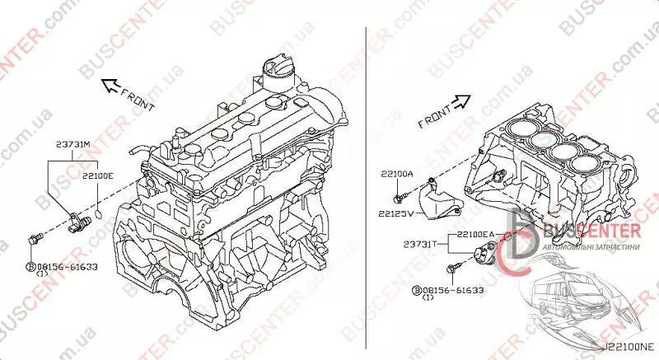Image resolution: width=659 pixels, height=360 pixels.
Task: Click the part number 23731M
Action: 73,144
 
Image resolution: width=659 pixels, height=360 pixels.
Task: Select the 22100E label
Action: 97,176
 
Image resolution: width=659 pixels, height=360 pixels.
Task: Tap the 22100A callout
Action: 397,174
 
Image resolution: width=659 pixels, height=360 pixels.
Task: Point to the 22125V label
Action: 396,213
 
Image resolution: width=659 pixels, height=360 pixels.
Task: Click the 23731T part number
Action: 420,244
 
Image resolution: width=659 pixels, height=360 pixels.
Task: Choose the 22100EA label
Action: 475,235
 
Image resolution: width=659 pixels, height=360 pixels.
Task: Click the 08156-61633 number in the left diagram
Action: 68,267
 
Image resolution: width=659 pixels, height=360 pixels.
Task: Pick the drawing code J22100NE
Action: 629,347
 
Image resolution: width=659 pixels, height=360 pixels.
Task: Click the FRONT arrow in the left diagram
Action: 110,86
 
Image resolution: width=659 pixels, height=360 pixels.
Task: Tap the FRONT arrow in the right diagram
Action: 462,101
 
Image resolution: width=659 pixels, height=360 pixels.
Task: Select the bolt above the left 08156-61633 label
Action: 35,239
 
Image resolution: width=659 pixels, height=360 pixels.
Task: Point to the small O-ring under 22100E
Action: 98,215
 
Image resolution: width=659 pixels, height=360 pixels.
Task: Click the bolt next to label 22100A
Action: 400,197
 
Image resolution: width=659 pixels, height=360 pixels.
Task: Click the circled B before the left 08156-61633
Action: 31,267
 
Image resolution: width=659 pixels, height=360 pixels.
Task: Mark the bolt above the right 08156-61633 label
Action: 454,268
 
